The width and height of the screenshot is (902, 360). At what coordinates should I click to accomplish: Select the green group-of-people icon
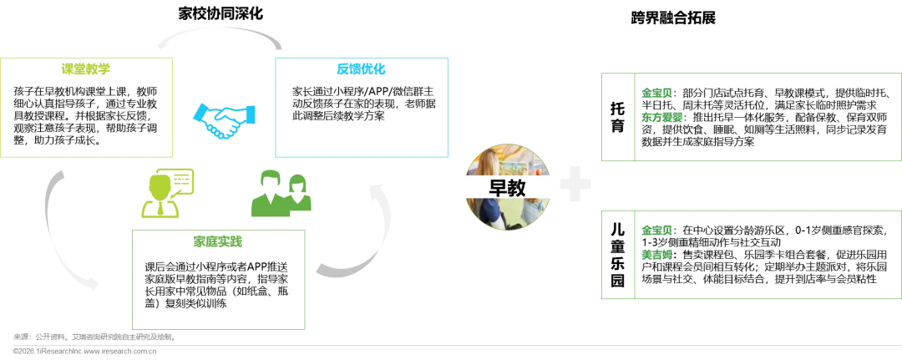pos(280,194)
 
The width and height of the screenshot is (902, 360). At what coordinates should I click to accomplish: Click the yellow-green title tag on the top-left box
pos(85,68)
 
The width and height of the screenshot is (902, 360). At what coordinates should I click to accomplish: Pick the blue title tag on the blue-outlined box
pos(361,68)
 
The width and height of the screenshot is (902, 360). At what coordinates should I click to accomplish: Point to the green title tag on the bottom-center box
pos(219,242)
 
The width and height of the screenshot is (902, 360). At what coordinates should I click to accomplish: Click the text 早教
pos(506,187)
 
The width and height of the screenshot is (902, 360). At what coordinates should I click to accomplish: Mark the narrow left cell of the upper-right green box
pos(618,119)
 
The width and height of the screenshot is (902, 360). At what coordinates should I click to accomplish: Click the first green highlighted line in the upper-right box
pos(660,93)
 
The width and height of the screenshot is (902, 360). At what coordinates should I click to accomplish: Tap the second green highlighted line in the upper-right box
pos(665,118)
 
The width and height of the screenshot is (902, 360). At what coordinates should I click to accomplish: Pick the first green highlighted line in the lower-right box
pos(660,230)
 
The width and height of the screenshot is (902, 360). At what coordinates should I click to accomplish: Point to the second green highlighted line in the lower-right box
pos(658,253)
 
